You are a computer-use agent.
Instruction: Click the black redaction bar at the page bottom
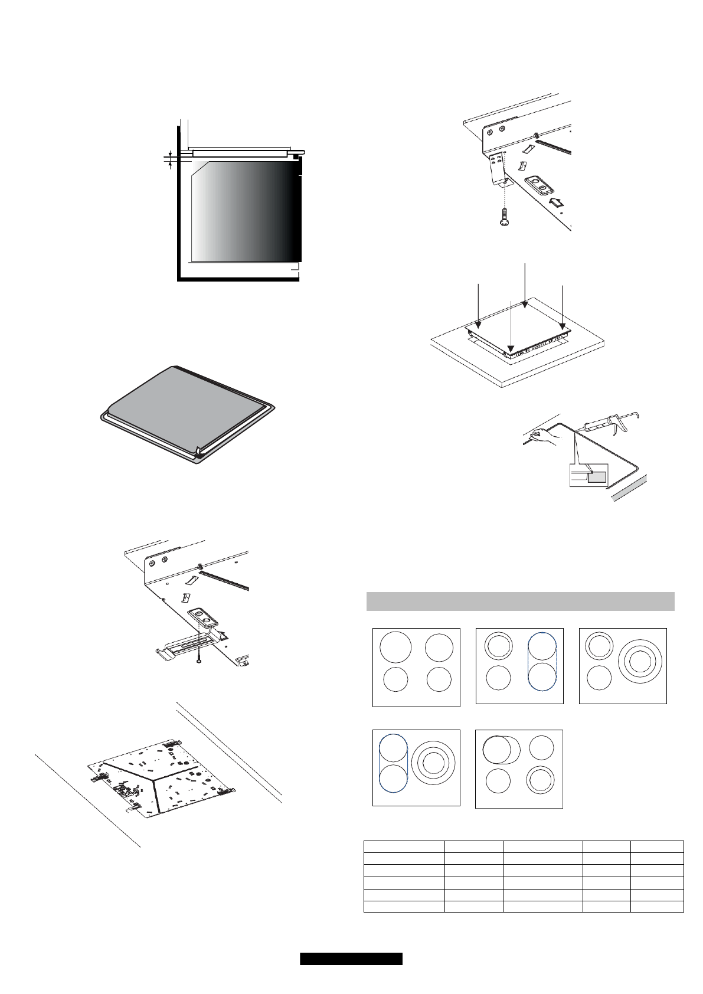pyautogui.click(x=351, y=959)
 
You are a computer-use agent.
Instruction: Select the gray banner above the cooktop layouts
pyautogui.click(x=520, y=601)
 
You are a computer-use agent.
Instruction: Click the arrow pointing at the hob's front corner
pyautogui.click(x=511, y=325)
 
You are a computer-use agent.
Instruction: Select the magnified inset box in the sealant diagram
pyautogui.click(x=588, y=475)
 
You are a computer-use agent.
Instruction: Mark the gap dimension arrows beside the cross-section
pyautogui.click(x=170, y=160)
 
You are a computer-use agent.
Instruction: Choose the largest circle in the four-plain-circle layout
pyautogui.click(x=395, y=647)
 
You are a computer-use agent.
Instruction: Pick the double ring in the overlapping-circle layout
pyautogui.click(x=541, y=780)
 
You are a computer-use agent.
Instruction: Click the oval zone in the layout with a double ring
pyautogui.click(x=542, y=661)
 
